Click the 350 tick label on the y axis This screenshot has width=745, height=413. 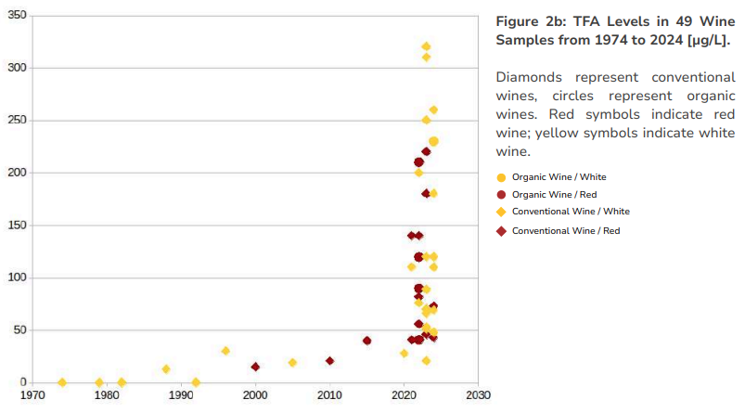(17, 17)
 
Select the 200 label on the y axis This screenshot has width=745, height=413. (17, 173)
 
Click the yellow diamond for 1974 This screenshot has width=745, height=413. (62, 382)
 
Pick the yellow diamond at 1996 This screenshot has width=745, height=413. (225, 351)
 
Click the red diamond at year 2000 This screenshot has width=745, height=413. (255, 367)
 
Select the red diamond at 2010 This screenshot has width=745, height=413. (329, 360)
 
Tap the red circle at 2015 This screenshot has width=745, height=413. (366, 341)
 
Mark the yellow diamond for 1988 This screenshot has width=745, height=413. (166, 368)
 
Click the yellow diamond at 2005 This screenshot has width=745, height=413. (292, 362)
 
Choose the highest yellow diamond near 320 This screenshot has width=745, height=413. (426, 46)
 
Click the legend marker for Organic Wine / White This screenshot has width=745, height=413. (502, 176)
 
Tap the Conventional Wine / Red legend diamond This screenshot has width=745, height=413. (502, 230)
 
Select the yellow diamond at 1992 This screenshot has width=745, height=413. (196, 382)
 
